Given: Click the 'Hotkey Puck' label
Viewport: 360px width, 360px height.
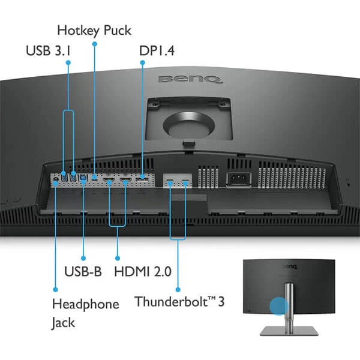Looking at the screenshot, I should tap(94, 30).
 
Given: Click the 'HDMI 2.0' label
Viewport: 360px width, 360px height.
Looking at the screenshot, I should tap(142, 271).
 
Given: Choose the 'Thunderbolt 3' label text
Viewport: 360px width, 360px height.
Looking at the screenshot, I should tap(179, 301).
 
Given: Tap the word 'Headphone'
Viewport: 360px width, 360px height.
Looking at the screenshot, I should tap(86, 304).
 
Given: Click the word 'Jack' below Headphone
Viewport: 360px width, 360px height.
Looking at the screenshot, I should tap(64, 323).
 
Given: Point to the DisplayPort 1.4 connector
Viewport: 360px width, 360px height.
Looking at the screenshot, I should tap(142, 179).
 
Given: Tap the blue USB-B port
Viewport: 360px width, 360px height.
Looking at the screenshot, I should tap(83, 178).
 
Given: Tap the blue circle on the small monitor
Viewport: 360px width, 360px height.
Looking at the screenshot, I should tap(278, 307).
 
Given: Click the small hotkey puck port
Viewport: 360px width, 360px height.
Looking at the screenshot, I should tap(94, 178).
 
